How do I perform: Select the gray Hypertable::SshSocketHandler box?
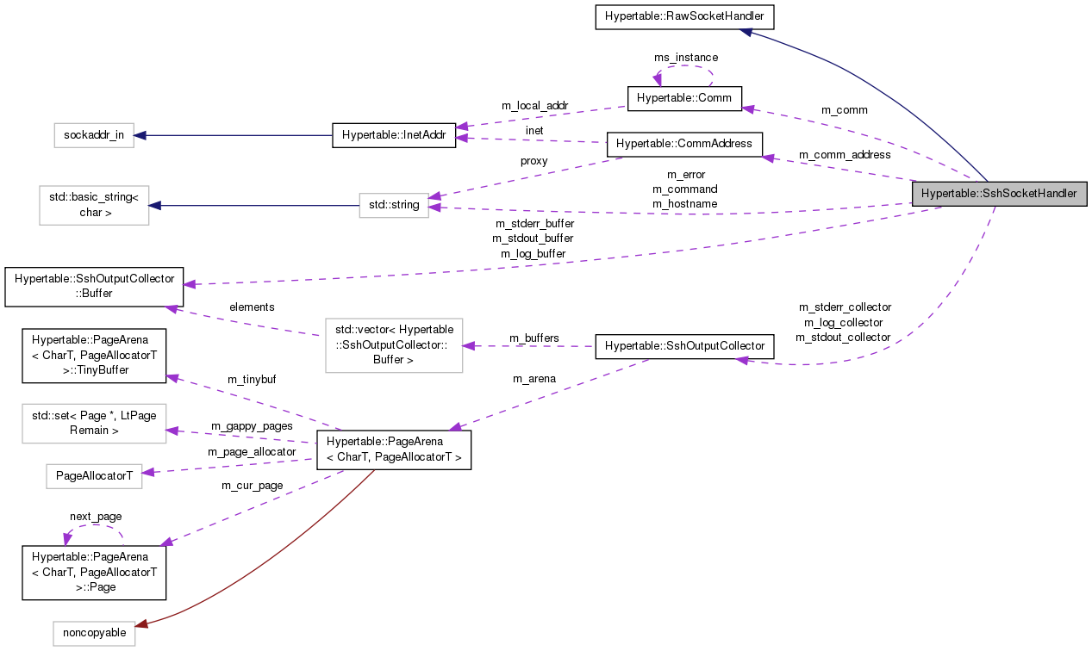pyautogui.click(x=999, y=194)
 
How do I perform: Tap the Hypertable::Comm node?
pyautogui.click(x=684, y=98)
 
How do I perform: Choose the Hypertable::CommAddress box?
pyautogui.click(x=684, y=144)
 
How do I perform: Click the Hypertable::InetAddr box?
pyautogui.click(x=393, y=135)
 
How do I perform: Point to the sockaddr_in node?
pyautogui.click(x=93, y=135)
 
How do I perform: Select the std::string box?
pyautogui.click(x=394, y=205)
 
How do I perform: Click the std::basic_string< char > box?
pyautogui.click(x=94, y=204)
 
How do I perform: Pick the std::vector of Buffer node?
pyautogui.click(x=394, y=345)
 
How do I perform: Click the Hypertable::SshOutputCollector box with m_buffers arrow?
pyautogui.click(x=684, y=346)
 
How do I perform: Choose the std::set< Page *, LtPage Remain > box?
pyautogui.click(x=93, y=423)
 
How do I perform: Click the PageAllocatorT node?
pyautogui.click(x=93, y=475)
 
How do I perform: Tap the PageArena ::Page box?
pyautogui.click(x=93, y=572)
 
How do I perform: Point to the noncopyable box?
pyautogui.click(x=93, y=633)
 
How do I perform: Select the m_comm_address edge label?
pyautogui.click(x=845, y=155)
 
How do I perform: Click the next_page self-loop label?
pyautogui.click(x=96, y=517)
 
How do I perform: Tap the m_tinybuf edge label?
pyautogui.click(x=251, y=380)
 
